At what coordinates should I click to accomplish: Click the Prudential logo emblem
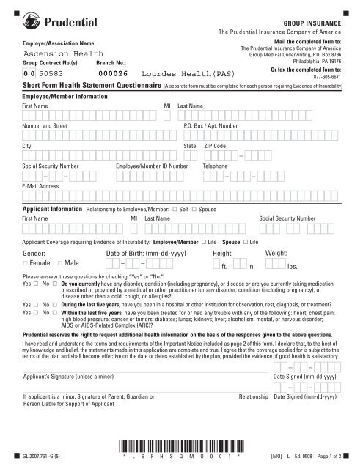(x=32, y=25)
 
